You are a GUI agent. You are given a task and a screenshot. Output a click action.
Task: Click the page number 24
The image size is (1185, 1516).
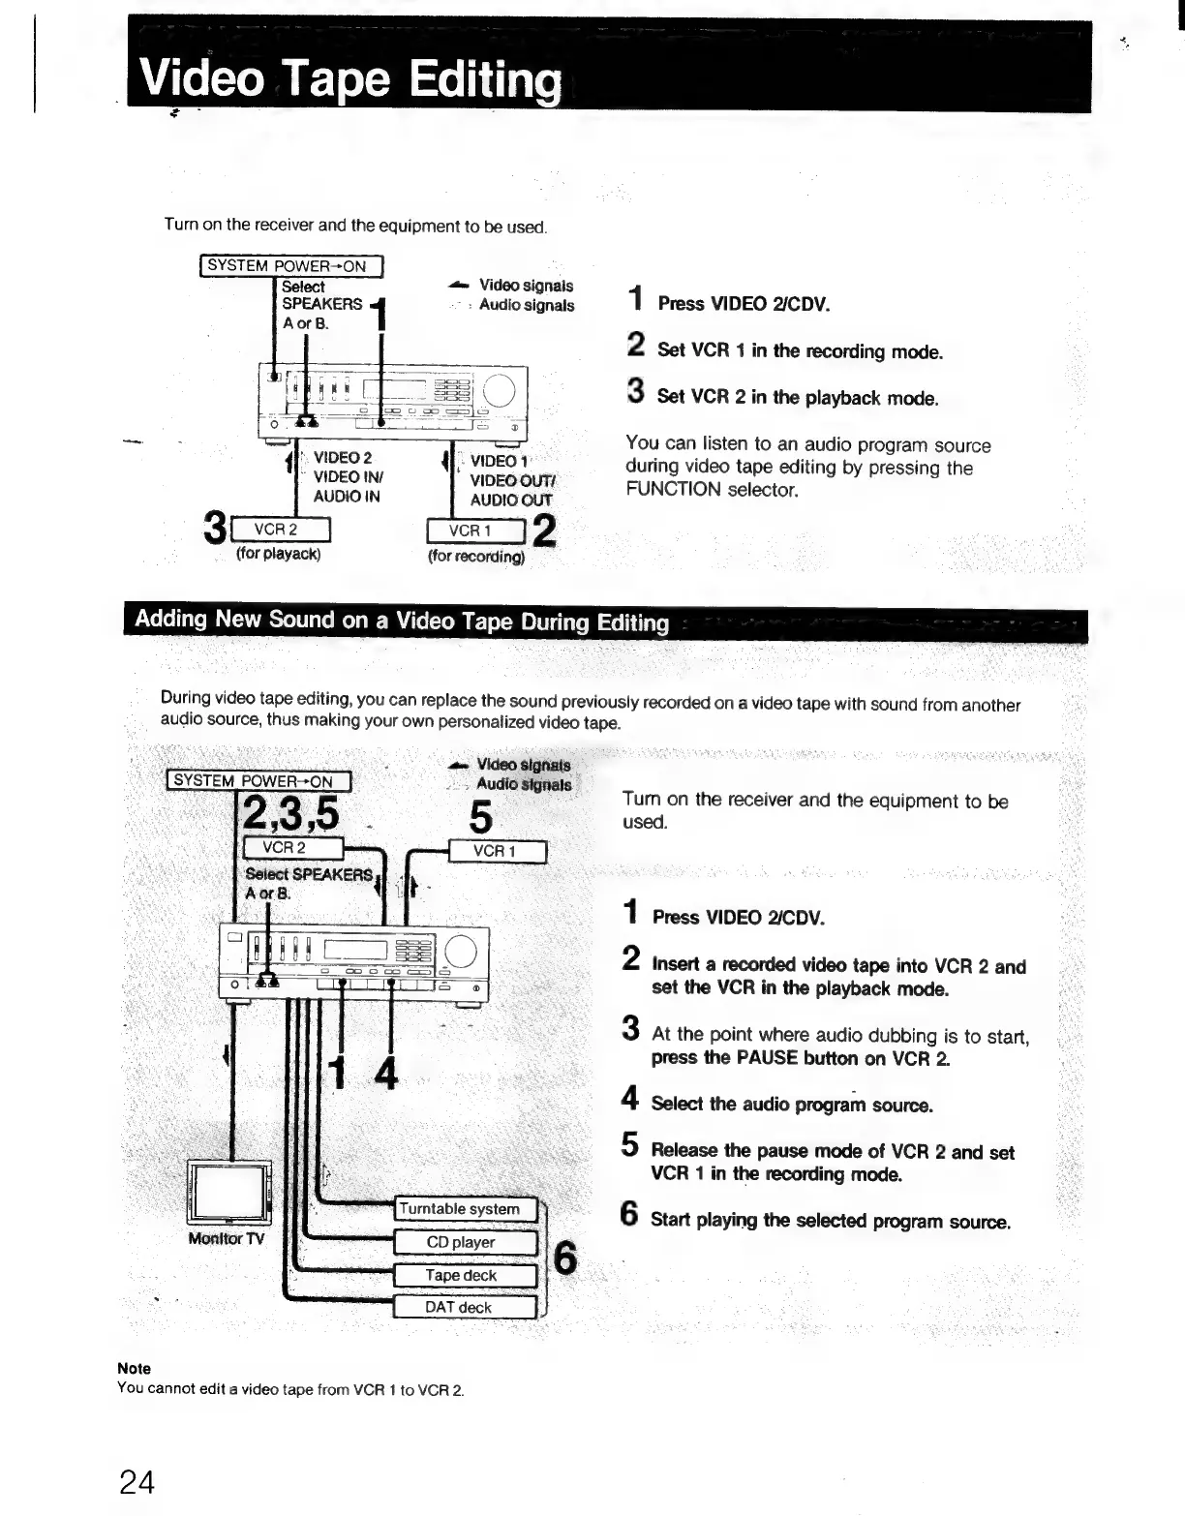pyautogui.click(x=137, y=1482)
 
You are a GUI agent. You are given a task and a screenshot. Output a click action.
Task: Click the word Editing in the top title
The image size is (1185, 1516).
pyautogui.click(x=483, y=79)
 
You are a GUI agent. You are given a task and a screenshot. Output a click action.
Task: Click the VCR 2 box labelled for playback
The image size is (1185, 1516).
pyautogui.click(x=276, y=530)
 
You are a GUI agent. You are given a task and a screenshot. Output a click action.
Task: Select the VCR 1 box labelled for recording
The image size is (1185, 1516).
pyautogui.click(x=474, y=531)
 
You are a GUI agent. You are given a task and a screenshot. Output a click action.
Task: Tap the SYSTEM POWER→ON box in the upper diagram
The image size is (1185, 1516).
pyautogui.click(x=290, y=265)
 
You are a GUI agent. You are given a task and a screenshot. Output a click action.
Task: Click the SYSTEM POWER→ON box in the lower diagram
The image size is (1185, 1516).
pyautogui.click(x=258, y=780)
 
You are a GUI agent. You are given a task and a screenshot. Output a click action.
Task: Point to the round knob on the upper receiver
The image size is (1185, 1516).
pyautogui.click(x=501, y=391)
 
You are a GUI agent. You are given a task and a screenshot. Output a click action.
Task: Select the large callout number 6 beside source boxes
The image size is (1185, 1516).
pyautogui.click(x=564, y=1258)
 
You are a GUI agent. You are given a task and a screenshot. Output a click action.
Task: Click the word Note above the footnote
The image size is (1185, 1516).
pyautogui.click(x=134, y=1368)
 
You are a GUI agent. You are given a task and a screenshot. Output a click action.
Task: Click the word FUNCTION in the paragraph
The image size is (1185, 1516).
pyautogui.click(x=673, y=490)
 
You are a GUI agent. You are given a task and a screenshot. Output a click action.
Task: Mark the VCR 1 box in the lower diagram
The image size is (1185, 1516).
pyautogui.click(x=498, y=851)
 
